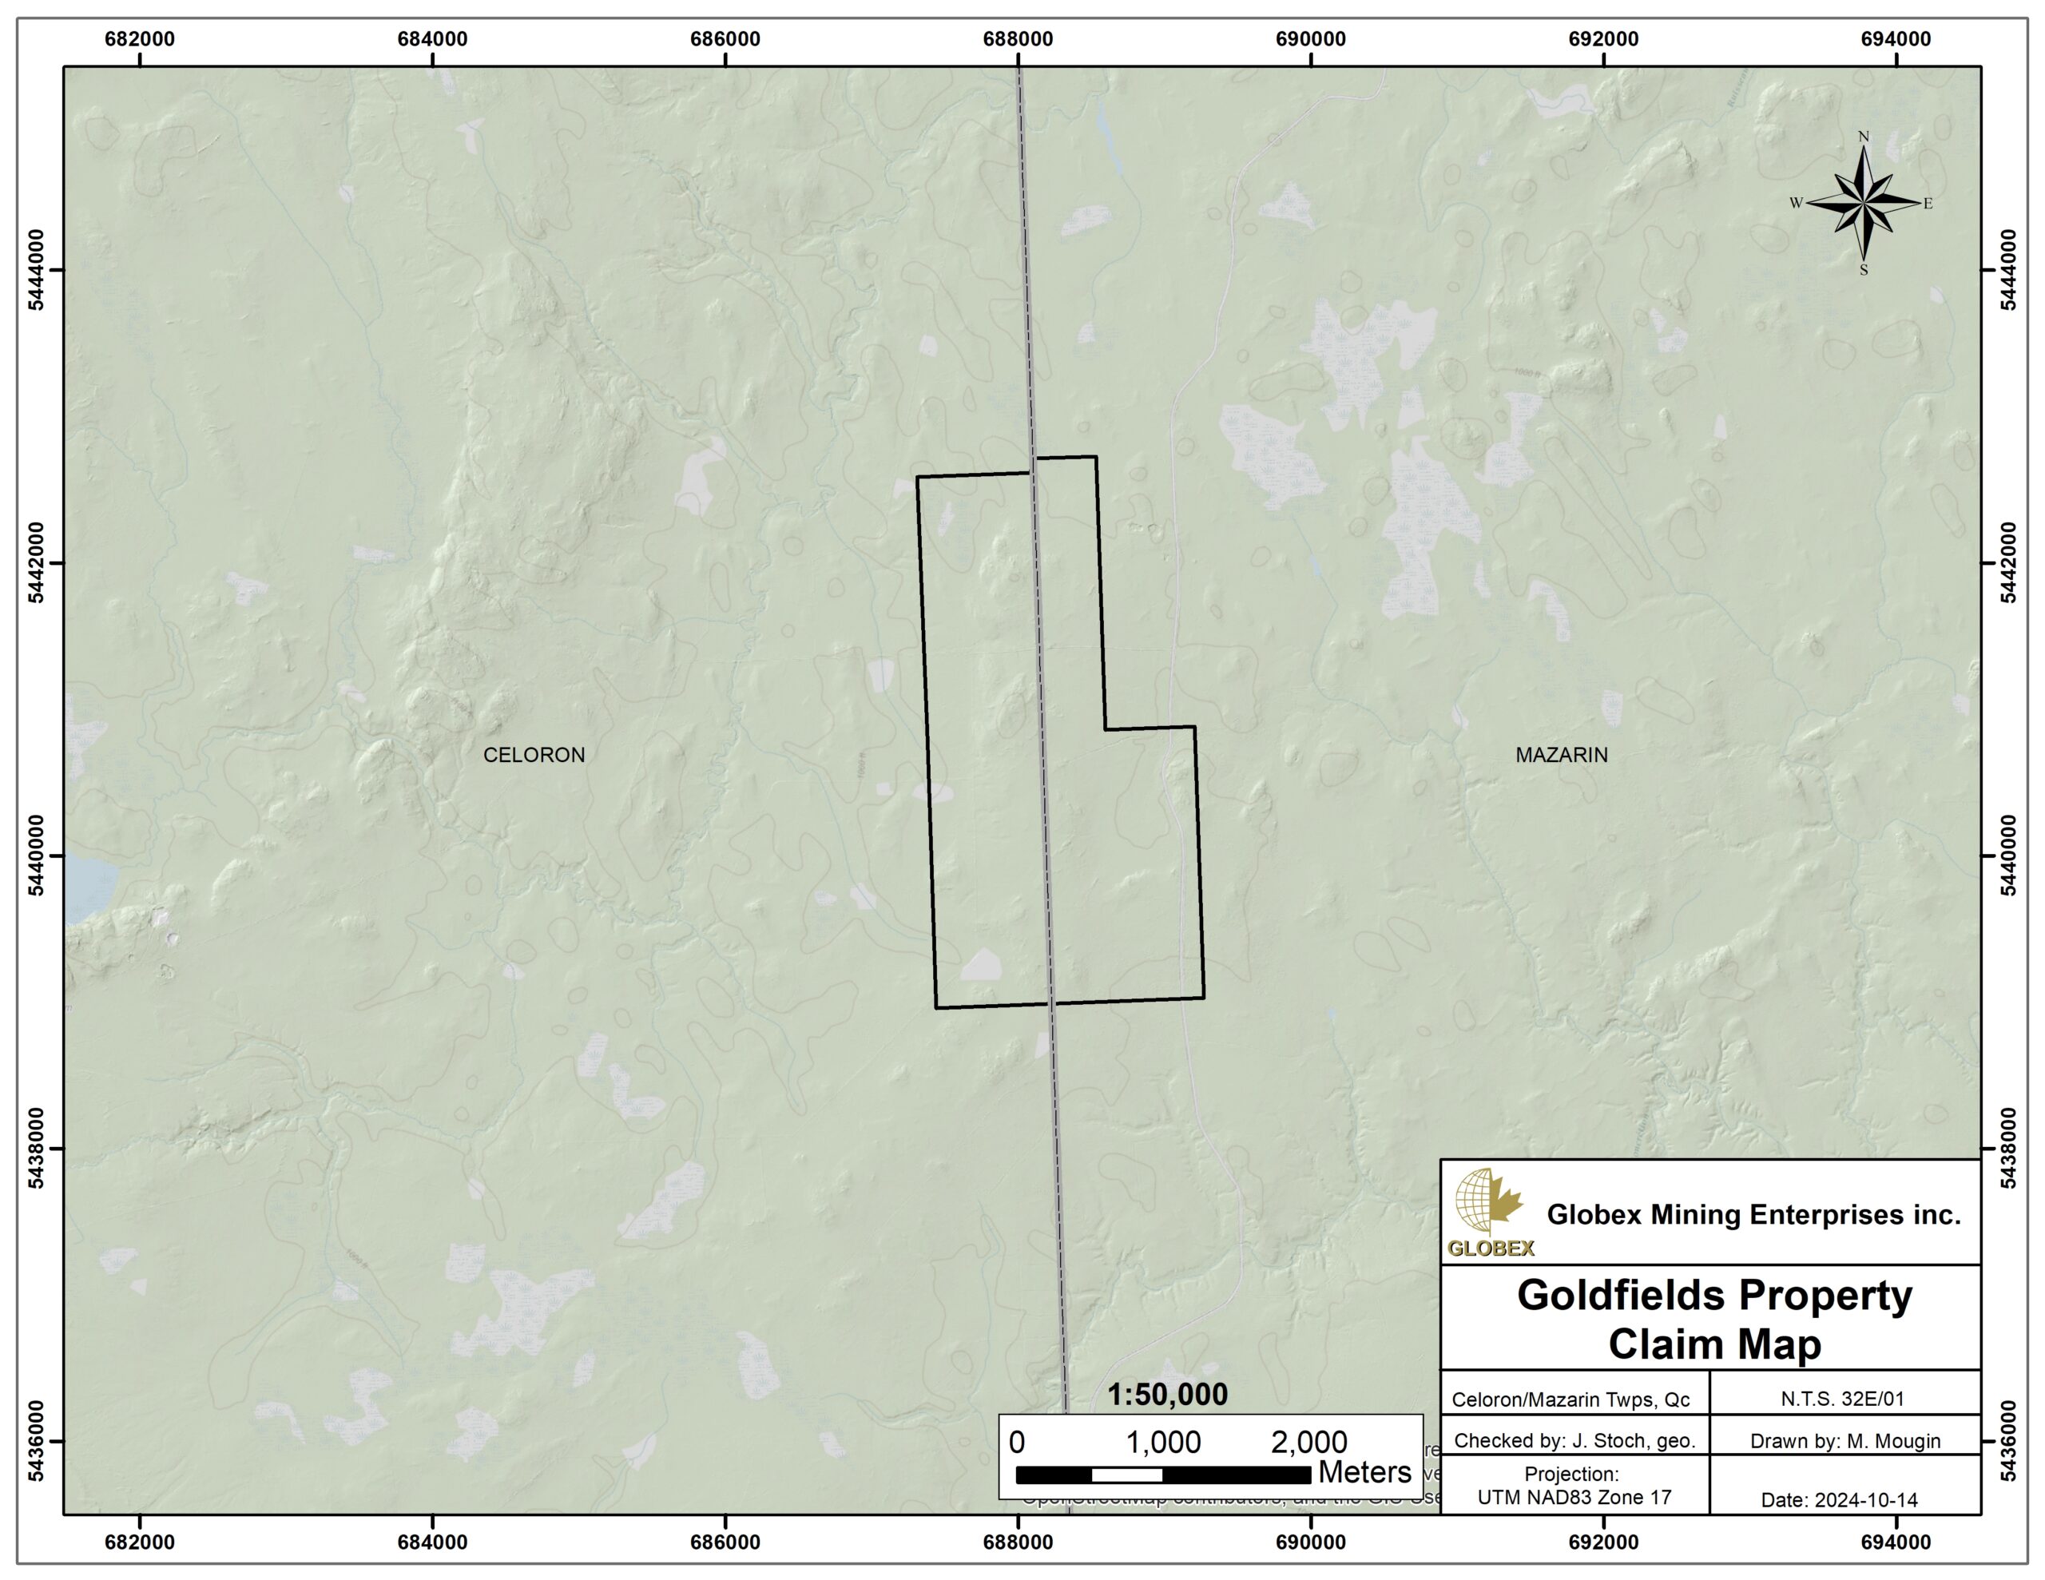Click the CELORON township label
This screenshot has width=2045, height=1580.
(534, 755)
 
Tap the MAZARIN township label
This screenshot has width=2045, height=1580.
(1561, 755)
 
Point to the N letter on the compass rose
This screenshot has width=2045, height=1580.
(1864, 137)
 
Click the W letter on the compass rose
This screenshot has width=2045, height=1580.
(1796, 203)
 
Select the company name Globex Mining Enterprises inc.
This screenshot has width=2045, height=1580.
(1753, 1215)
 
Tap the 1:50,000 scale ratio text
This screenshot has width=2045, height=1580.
(1167, 1395)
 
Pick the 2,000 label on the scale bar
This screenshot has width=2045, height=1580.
(1308, 1443)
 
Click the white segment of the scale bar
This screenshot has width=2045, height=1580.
(1126, 1475)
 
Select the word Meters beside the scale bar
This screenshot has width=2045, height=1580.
(1364, 1472)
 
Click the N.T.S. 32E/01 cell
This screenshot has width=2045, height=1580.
(1842, 1399)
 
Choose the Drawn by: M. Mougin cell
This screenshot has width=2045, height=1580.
(1844, 1441)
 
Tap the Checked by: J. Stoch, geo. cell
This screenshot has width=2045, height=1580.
(1574, 1440)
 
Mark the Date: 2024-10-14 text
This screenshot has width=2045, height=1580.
(1839, 1499)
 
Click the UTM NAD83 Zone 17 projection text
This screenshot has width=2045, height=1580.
(1574, 1497)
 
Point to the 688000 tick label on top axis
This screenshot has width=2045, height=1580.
(1018, 39)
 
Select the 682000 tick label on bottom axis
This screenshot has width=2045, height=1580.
(140, 1542)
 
